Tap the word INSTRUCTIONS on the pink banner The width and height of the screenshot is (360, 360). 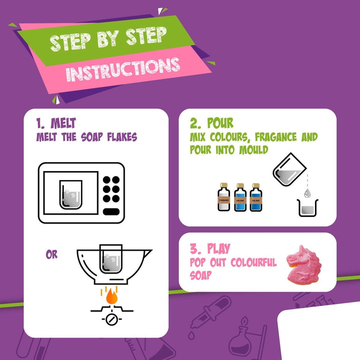[123, 69]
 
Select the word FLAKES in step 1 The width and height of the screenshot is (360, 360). [122, 137]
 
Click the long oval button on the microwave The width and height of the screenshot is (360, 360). [111, 211]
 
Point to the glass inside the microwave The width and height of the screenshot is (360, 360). [70, 194]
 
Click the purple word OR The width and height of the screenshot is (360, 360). [51, 254]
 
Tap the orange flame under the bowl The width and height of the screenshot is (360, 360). [111, 296]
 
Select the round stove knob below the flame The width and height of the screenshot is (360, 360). [112, 319]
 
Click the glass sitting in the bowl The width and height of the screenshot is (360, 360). [111, 259]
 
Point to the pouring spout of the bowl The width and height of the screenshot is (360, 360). [147, 252]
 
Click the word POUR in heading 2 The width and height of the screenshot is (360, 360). [220, 123]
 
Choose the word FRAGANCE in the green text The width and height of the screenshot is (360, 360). [275, 137]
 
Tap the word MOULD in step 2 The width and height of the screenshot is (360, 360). [253, 150]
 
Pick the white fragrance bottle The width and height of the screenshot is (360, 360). [223, 197]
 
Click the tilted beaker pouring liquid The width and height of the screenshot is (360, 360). [289, 170]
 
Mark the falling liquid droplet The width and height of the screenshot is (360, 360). [307, 193]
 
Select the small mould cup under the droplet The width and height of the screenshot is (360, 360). [307, 208]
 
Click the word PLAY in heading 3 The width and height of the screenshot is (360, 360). [218, 248]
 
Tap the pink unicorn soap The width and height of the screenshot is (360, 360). [304, 265]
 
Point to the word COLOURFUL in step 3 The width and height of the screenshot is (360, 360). [253, 262]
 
